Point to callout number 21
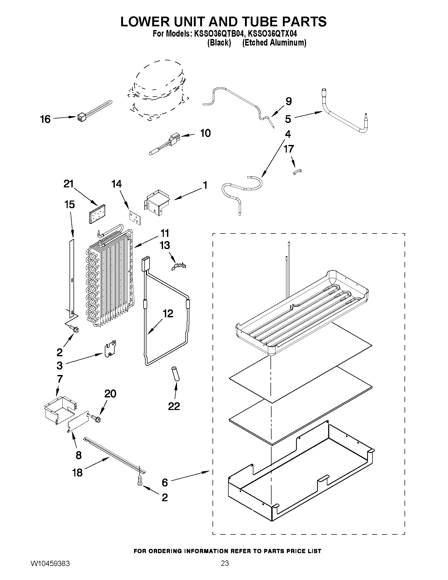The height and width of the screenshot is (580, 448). tap(68, 184)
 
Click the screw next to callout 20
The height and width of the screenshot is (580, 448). tap(96, 418)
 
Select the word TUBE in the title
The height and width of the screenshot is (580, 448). tap(236, 22)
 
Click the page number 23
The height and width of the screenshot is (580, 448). tap(225, 569)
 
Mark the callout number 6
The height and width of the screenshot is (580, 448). tap(165, 482)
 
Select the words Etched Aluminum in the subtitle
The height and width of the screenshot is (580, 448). tap(274, 42)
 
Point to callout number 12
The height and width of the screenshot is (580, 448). tap(168, 313)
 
